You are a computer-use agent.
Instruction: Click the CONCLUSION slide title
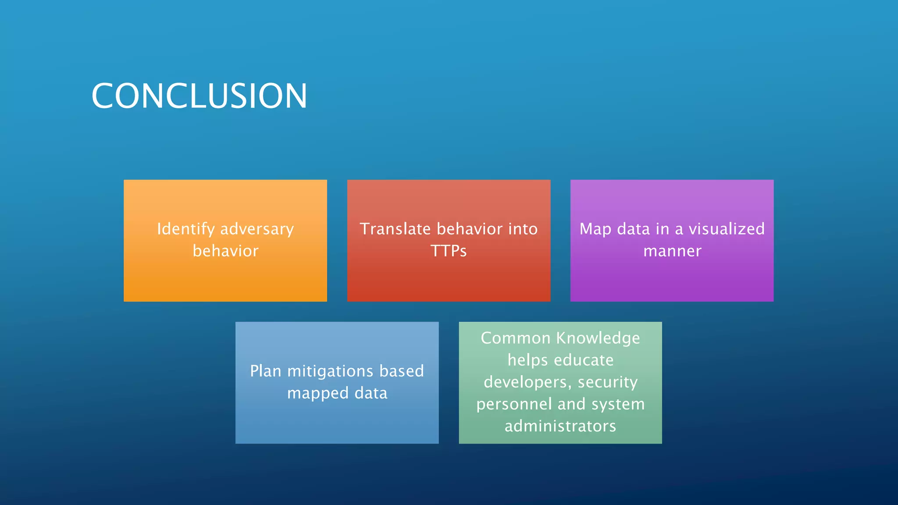point(200,96)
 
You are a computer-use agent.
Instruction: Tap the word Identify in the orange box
point(186,229)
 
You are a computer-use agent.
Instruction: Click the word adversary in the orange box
point(257,229)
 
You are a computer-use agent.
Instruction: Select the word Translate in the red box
point(395,229)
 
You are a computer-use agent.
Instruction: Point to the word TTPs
point(449,251)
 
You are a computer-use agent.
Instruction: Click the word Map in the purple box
point(595,229)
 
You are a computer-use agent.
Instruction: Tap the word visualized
point(727,229)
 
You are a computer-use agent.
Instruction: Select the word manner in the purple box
point(672,251)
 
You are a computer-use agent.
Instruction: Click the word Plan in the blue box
point(266,371)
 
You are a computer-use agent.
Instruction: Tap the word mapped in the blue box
point(318,393)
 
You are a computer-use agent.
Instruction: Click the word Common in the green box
point(515,338)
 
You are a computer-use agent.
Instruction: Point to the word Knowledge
point(598,338)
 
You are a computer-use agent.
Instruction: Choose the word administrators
point(560,426)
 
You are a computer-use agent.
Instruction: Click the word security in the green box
point(608,382)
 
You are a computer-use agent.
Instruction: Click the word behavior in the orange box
point(225,251)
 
